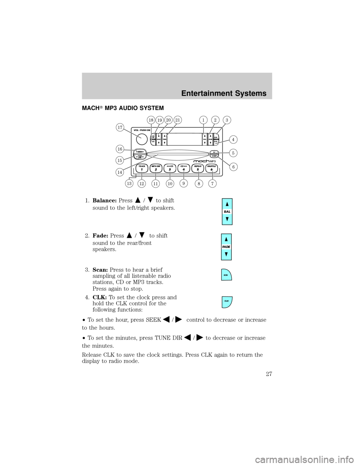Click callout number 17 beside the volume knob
point(120,128)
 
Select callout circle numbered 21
point(177,120)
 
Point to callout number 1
point(203,120)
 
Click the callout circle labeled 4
point(233,140)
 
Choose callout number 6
point(233,166)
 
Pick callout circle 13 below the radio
point(129,183)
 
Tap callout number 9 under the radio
point(183,183)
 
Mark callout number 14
point(120,172)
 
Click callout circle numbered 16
point(120,149)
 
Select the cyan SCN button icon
point(226,275)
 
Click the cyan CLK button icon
point(227,302)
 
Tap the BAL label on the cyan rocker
point(227,212)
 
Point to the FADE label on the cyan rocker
point(226,246)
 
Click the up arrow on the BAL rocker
point(227,204)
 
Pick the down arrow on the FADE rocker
point(226,254)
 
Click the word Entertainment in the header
point(208,94)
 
